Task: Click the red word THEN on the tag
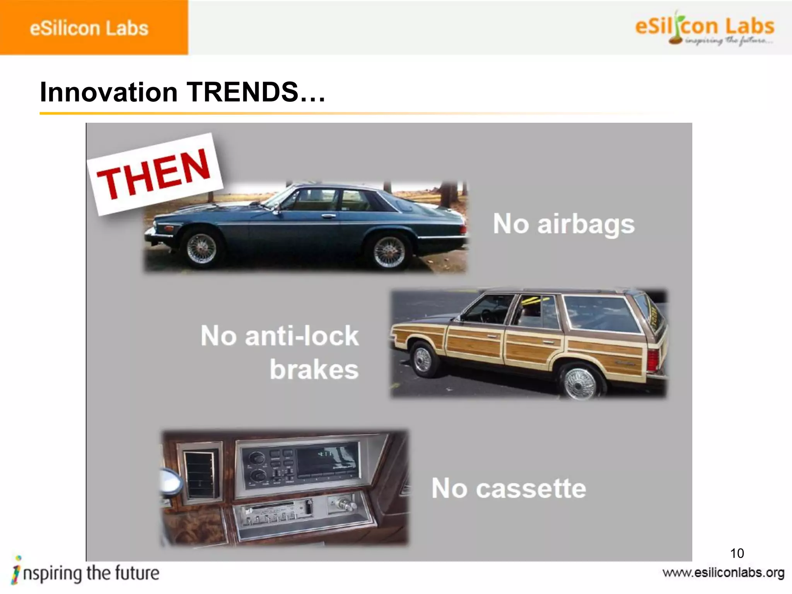(154, 174)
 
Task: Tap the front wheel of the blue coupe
(201, 248)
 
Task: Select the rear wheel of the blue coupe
(389, 251)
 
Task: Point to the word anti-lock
(302, 335)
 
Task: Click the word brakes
(314, 369)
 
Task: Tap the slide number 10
(737, 553)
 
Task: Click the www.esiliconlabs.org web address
(723, 573)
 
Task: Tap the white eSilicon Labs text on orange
(89, 28)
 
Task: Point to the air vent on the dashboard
(200, 475)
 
